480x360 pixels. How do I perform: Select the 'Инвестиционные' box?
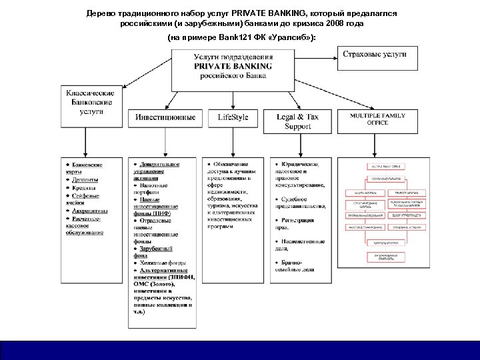pyautogui.click(x=165, y=117)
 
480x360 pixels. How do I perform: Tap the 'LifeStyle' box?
pyautogui.click(x=233, y=117)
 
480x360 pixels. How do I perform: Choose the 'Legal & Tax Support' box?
pyautogui.click(x=297, y=121)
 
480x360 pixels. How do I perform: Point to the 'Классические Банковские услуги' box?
pyautogui.click(x=94, y=103)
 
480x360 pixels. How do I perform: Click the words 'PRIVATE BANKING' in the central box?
pyautogui.click(x=233, y=66)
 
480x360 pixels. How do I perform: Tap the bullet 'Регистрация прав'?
pyautogui.click(x=299, y=223)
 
